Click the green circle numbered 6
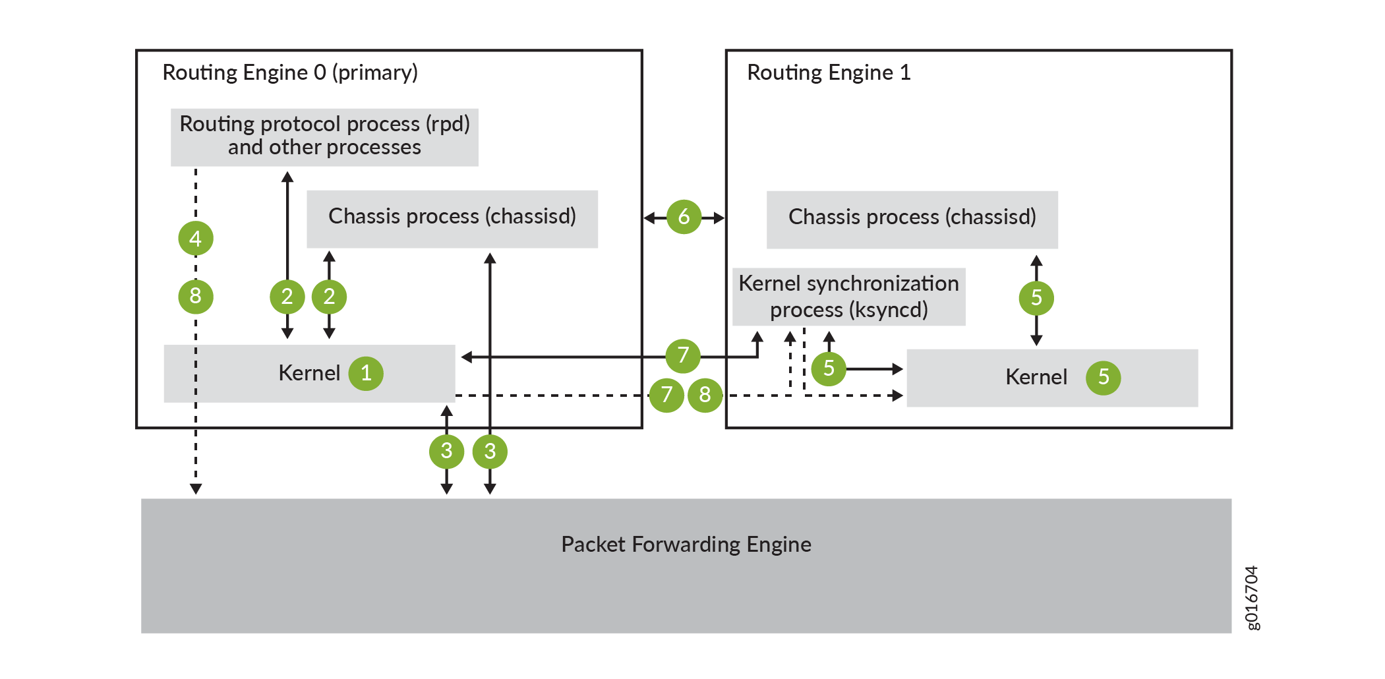[684, 217]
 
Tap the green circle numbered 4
[196, 238]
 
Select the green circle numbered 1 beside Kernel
[366, 374]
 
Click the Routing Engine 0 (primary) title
[290, 73]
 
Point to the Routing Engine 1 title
[829, 73]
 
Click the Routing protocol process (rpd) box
[324, 136]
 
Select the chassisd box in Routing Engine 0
[452, 218]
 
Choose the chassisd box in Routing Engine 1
[912, 219]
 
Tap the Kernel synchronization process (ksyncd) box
[849, 297]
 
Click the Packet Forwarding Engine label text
[686, 545]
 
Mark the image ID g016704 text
[1251, 597]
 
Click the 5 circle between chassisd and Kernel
[1036, 297]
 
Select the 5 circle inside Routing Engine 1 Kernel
[1104, 378]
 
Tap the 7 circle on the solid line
[683, 356]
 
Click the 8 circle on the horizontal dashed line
[705, 395]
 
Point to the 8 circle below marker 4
[196, 296]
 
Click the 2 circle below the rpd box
[287, 297]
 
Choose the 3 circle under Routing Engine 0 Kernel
[446, 452]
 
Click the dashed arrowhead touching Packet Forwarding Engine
[196, 488]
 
